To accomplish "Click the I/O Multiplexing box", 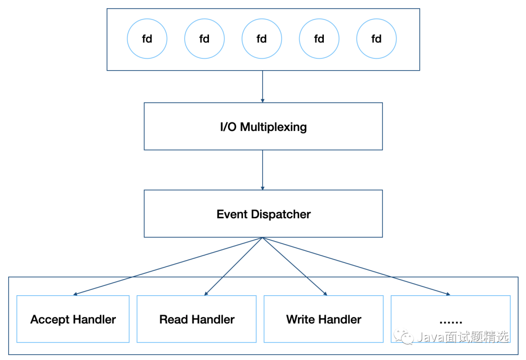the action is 263,126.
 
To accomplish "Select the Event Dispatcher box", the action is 263,214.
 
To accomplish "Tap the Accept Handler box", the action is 73,319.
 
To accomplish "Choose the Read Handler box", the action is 197,319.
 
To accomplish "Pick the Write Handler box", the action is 324,319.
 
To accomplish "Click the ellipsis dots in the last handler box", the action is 451,322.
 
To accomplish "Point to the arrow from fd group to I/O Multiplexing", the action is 263,87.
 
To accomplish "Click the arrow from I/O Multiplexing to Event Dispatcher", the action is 263,170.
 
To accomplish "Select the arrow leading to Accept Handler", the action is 168,266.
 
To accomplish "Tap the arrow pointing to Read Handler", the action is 233,266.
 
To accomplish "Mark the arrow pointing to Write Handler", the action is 295,266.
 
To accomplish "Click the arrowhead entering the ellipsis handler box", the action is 448,294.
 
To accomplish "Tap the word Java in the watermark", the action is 431,337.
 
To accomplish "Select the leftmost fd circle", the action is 147,38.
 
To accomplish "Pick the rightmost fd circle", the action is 376,38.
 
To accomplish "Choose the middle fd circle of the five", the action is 262,38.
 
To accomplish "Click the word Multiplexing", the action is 273,127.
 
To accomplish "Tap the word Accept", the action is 50,320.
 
